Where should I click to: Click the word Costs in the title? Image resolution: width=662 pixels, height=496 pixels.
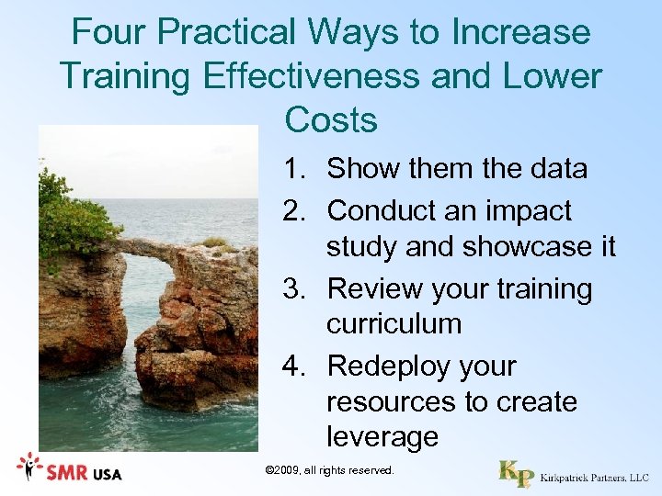[x=331, y=118]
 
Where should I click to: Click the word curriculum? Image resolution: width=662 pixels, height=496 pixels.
[x=394, y=324]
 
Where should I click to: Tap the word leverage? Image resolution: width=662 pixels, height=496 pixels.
[x=382, y=437]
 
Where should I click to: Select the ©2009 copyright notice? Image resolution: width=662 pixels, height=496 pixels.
[x=329, y=470]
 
